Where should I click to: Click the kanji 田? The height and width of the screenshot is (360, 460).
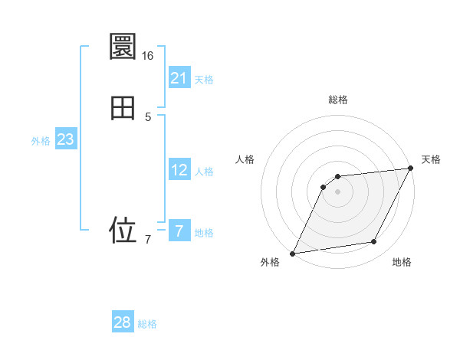123,107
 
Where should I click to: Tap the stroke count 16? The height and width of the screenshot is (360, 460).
147,56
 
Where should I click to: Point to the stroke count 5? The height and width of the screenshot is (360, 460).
148,117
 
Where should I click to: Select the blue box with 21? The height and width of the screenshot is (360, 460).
179,78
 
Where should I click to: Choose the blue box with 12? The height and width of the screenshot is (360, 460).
179,170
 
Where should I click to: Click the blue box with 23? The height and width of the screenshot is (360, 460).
65,139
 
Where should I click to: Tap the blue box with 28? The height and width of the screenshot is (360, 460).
123,322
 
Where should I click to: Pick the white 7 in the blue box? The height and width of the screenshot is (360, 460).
179,231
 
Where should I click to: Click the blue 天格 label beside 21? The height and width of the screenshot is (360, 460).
204,80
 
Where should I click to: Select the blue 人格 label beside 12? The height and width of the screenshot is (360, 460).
204,172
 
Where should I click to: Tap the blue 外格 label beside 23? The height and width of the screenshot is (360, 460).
41,141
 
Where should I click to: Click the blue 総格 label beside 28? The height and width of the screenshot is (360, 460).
147,324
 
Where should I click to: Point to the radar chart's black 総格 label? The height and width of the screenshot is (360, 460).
337,100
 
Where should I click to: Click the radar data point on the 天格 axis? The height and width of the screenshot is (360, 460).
411,169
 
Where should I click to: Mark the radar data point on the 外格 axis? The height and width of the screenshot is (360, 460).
292,254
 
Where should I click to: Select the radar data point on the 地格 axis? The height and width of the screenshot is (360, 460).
374,242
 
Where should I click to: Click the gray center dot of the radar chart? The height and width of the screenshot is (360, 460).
337,191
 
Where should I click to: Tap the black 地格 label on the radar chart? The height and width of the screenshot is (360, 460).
402,263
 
